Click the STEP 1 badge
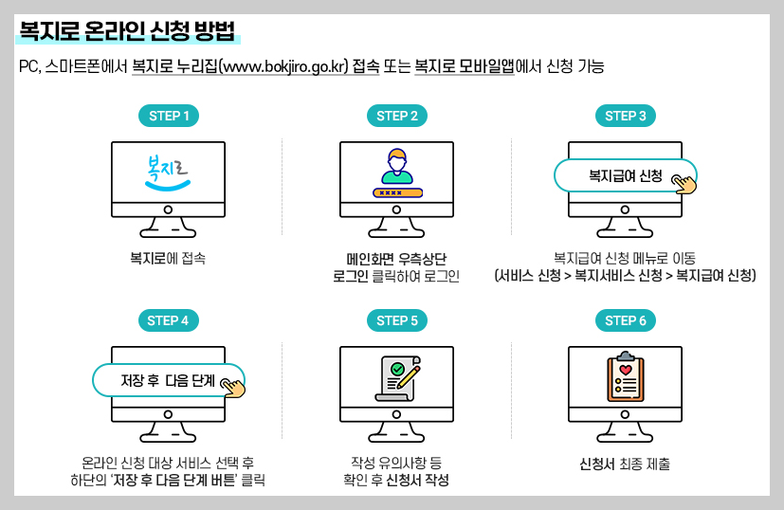click(169, 117)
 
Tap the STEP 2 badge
click(397, 117)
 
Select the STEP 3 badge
click(626, 117)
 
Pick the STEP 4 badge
click(169, 320)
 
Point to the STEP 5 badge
click(397, 320)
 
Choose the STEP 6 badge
click(626, 320)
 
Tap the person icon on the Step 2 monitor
click(397, 166)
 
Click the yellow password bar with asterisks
click(397, 192)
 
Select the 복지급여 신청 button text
click(625, 176)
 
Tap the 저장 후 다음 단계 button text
click(167, 381)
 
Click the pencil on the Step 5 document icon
click(409, 376)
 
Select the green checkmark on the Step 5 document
click(397, 368)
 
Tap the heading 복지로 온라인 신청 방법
click(127, 31)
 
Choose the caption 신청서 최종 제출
click(625, 464)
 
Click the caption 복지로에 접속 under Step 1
click(168, 257)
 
